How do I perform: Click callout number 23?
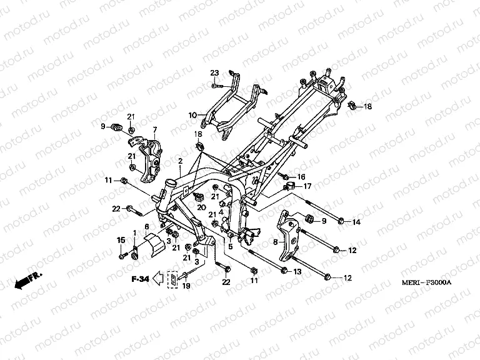point(214,74)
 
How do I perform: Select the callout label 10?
point(193,115)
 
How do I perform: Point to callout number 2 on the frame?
point(180,161)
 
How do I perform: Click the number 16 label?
point(301,177)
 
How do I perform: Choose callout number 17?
point(307,186)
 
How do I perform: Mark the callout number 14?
point(356,222)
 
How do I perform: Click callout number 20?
point(202,207)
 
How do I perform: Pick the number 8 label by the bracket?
point(274,240)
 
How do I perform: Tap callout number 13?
point(297,271)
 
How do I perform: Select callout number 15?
point(121,240)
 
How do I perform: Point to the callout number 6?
point(147,227)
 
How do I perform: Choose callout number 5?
point(231,247)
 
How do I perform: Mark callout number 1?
point(134,232)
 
